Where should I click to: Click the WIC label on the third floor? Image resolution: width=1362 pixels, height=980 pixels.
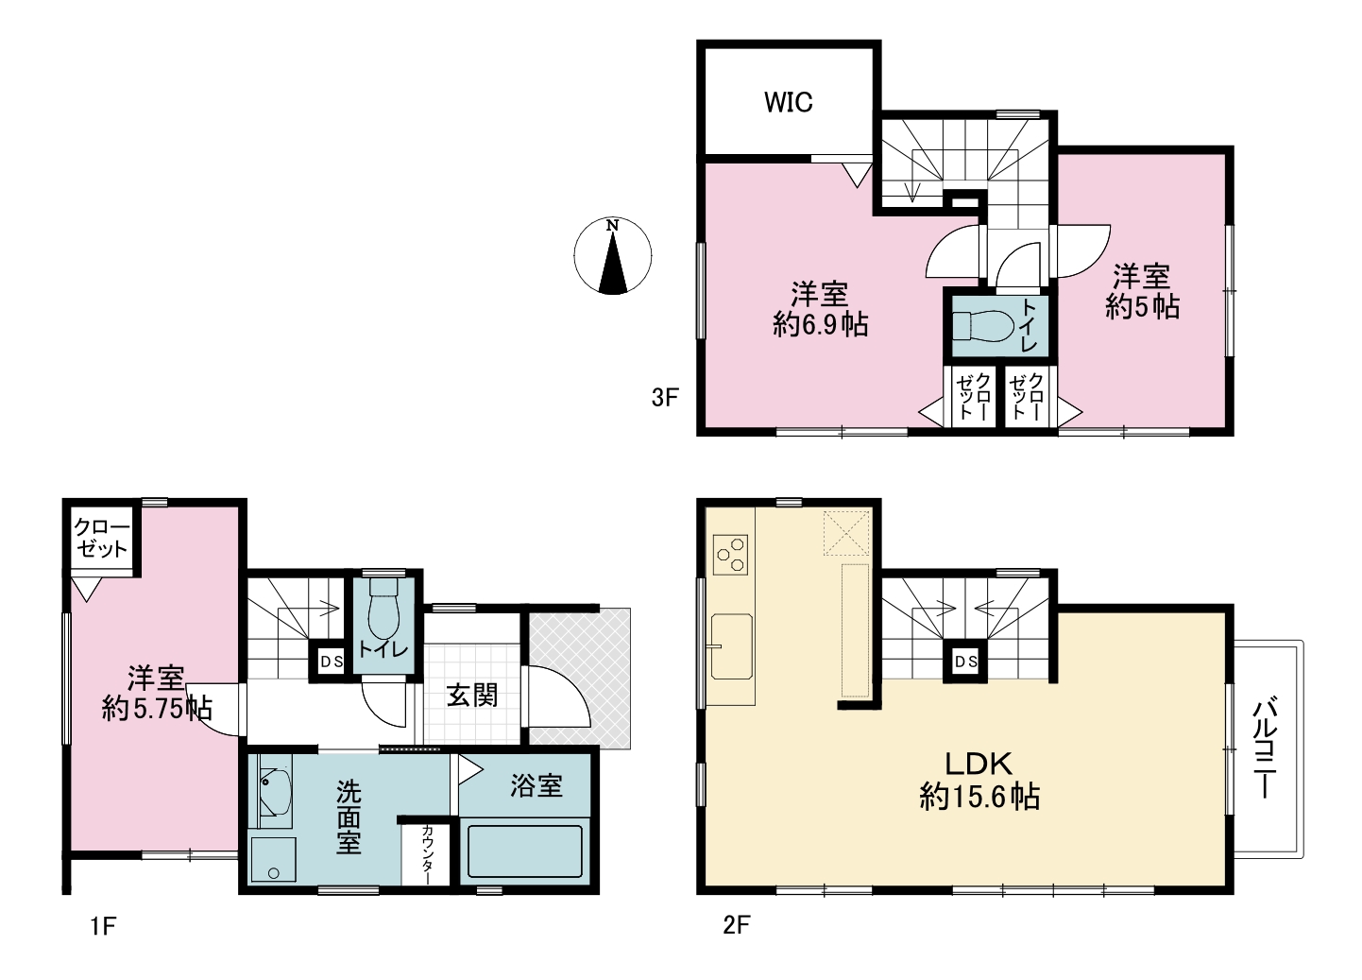point(788,102)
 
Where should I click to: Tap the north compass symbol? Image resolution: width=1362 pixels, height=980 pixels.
point(613,255)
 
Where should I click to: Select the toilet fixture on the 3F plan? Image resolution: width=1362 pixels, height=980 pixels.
point(981,325)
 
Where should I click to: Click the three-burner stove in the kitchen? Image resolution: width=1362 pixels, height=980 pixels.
point(730,554)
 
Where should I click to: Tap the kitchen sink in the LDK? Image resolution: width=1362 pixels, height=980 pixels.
point(732,646)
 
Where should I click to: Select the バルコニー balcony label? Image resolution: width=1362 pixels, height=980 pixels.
point(1264,748)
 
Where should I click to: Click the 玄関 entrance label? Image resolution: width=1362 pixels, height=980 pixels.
point(472,695)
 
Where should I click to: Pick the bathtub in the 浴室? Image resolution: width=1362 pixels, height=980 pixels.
point(524,851)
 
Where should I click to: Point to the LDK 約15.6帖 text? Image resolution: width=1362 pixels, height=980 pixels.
point(979,780)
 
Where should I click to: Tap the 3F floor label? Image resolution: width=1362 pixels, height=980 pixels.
point(665,397)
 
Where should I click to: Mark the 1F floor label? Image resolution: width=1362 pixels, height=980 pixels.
point(103,926)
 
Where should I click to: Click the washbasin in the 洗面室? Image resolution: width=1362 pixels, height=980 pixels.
point(275,791)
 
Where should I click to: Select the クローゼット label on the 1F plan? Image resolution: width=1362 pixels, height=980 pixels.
point(102,538)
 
